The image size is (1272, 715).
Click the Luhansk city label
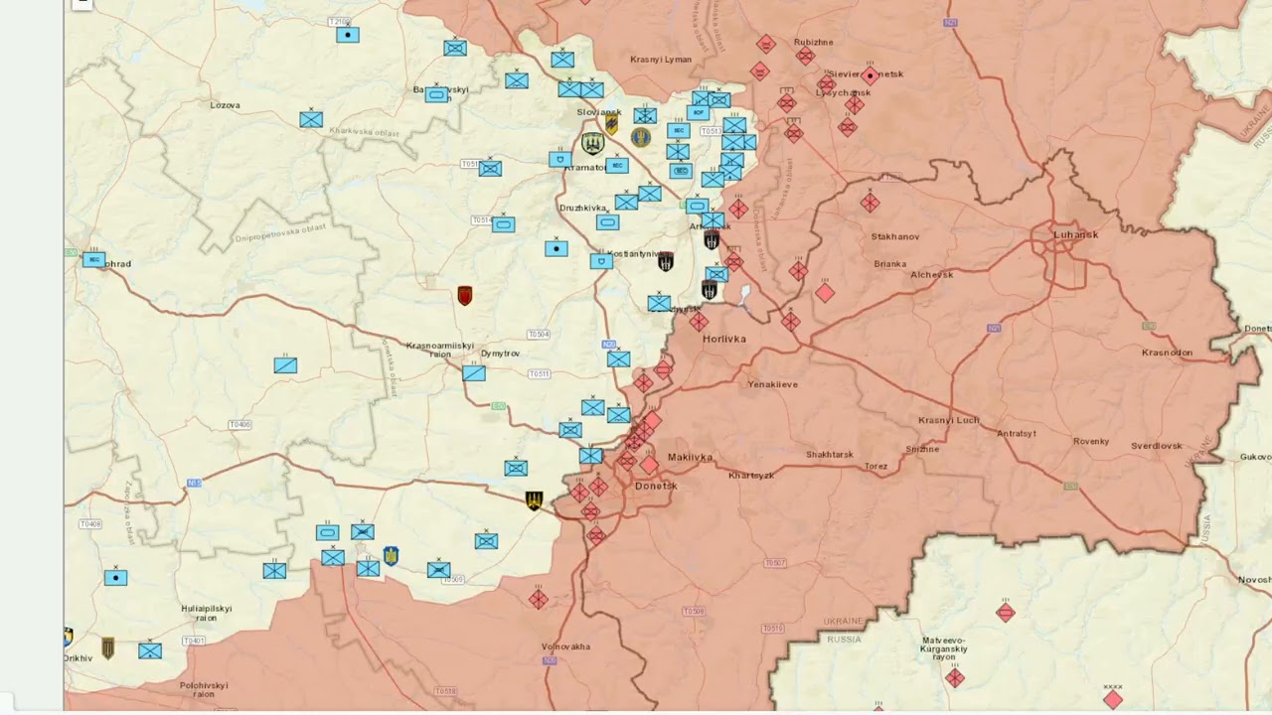tap(1076, 235)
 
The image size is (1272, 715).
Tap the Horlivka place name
tap(723, 340)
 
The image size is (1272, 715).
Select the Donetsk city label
tap(656, 487)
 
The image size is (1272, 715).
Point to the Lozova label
tap(226, 105)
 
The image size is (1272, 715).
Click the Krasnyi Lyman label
tap(661, 60)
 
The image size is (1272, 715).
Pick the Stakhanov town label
tap(894, 237)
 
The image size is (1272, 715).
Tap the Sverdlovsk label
tap(1157, 447)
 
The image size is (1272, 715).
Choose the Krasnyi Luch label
tap(948, 420)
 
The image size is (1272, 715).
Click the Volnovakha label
tap(565, 647)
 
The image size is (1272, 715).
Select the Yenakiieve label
tap(772, 384)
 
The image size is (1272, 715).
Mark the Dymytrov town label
tap(500, 354)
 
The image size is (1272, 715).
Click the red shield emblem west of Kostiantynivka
tap(464, 296)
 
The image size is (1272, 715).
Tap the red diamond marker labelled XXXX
tap(1113, 699)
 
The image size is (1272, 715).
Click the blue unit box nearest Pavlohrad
tap(94, 260)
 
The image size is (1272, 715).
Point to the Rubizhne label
tap(813, 43)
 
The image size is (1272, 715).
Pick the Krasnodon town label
tap(1167, 354)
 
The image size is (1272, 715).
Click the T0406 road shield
tap(239, 425)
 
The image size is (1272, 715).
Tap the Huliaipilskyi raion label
tap(206, 613)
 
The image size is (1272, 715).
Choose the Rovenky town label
tap(1090, 442)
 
